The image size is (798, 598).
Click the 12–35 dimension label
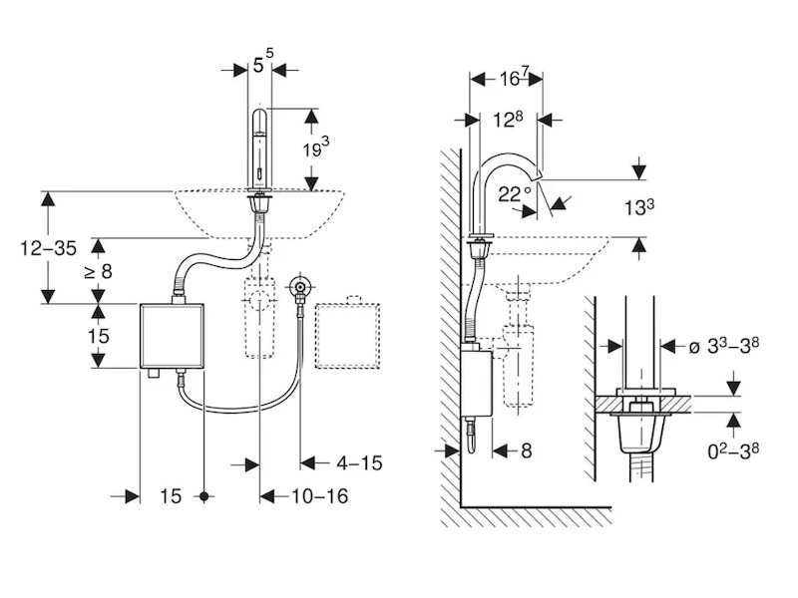48,248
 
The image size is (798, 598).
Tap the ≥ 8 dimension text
99,271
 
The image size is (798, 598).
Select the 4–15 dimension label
359,463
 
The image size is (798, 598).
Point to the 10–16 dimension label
319,495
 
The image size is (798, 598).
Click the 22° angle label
514,194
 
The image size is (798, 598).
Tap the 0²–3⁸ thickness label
733,450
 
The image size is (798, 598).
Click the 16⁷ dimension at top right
510,78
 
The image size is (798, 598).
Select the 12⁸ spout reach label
508,120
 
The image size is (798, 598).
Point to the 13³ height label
639,207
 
